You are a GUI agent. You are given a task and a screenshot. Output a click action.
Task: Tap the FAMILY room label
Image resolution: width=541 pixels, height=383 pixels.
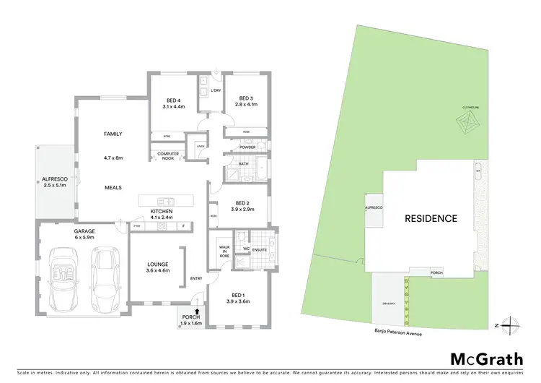pos(113,134)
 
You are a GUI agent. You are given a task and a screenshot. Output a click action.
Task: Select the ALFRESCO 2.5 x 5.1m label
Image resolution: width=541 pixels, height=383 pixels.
pos(54,181)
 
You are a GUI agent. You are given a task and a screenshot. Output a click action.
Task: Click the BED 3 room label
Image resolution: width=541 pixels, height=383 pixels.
pos(245,101)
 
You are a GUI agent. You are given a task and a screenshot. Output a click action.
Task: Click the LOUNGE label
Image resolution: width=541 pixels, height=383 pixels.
pos(157,266)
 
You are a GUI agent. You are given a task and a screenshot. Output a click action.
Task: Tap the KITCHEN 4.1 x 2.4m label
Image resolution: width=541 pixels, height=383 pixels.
pos(162,213)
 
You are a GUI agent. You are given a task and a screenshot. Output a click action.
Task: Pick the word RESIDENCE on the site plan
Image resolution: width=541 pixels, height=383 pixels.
pos(431,218)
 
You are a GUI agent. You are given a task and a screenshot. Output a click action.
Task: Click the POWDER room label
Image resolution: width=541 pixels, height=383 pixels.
pos(248,147)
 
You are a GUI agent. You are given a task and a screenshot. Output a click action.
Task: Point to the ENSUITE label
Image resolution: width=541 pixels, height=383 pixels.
pos(259,251)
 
